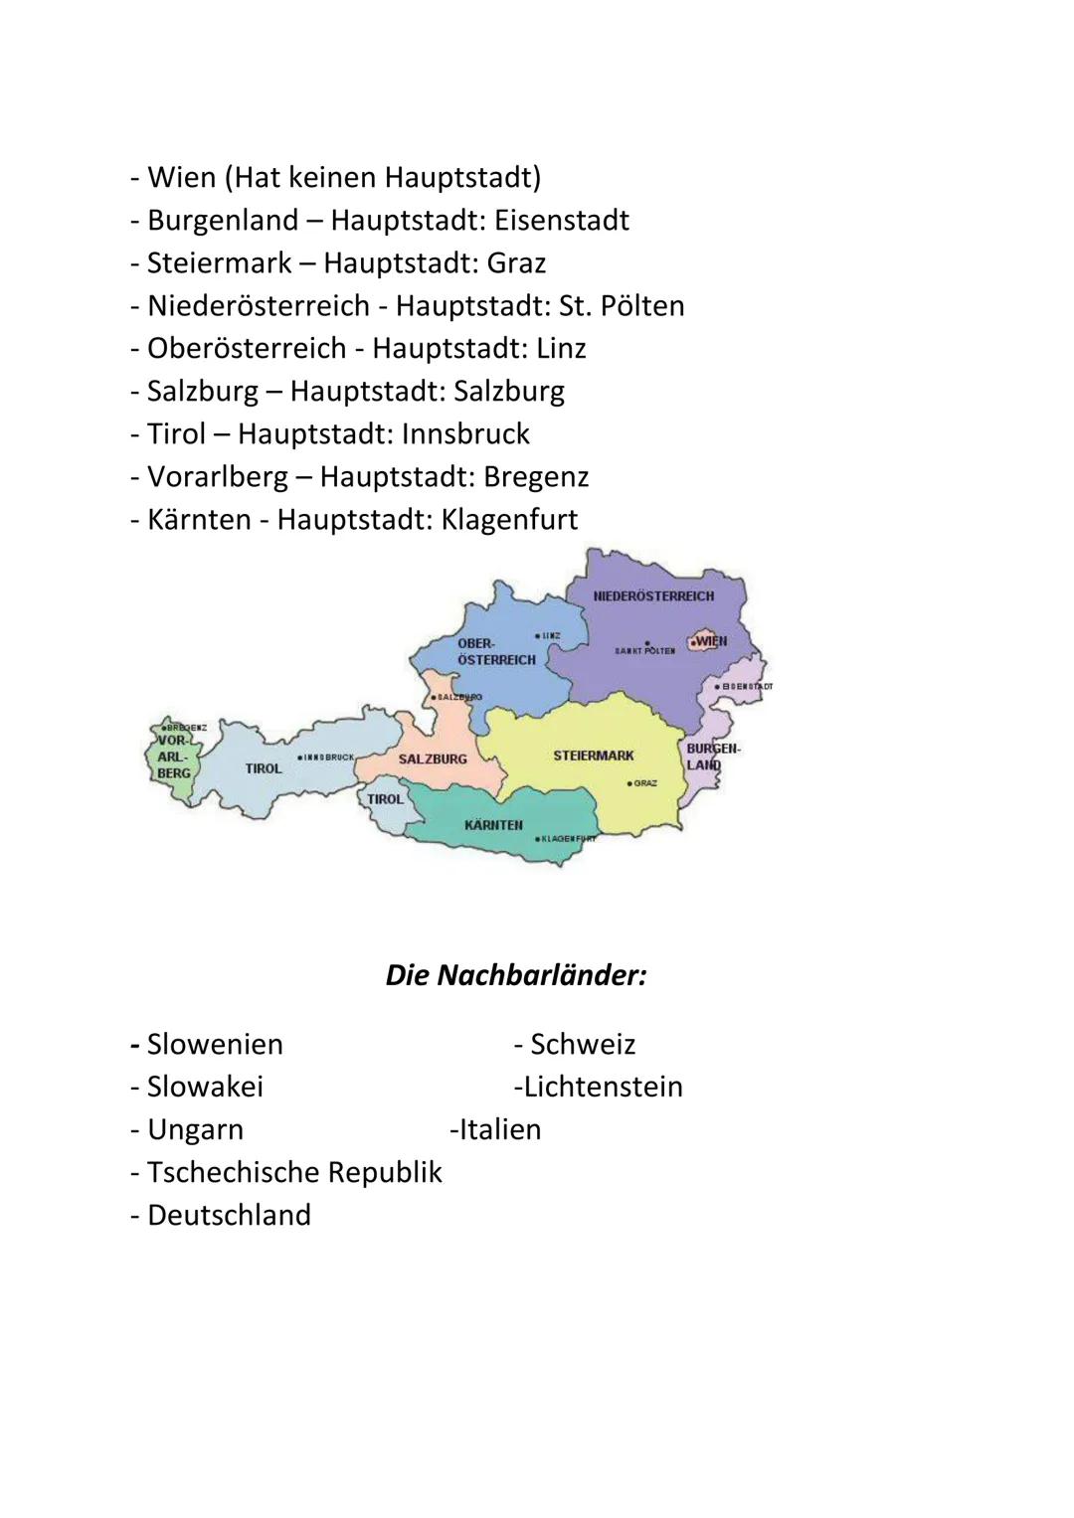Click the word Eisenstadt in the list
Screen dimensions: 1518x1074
click(x=562, y=220)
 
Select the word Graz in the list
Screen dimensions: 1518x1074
click(x=516, y=262)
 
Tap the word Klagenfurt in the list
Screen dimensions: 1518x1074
click(x=509, y=519)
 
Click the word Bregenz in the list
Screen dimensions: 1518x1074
click(x=536, y=476)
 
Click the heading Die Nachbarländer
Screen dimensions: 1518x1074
click(x=516, y=974)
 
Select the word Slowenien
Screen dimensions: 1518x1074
click(x=215, y=1044)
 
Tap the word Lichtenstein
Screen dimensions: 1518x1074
click(x=603, y=1087)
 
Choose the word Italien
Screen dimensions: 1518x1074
click(x=499, y=1129)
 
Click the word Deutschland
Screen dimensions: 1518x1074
click(x=229, y=1215)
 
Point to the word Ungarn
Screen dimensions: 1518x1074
click(x=195, y=1129)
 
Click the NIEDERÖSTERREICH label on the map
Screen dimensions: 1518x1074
click(x=653, y=596)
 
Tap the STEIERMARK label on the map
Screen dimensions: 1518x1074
click(x=593, y=756)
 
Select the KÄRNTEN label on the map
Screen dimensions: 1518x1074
click(x=493, y=825)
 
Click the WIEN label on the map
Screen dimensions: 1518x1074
click(x=711, y=641)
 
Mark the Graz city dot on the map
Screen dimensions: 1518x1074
click(x=629, y=783)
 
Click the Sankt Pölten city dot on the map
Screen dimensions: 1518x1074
click(x=646, y=643)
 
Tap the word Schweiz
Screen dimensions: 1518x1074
click(x=583, y=1044)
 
